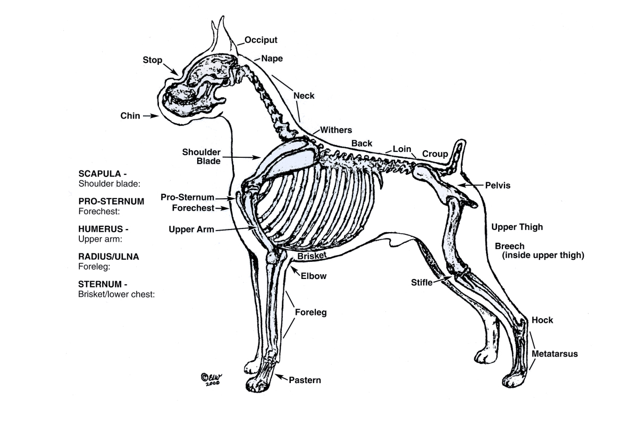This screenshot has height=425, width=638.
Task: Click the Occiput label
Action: pos(261,40)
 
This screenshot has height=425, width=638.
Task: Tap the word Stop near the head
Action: pos(153,60)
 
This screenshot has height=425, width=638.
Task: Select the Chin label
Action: pos(130,116)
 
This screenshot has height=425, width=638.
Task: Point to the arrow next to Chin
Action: pos(150,116)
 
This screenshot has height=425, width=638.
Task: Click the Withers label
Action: pos(336,130)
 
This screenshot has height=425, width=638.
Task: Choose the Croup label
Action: pos(435,154)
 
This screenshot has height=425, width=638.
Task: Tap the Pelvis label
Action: pos(498,185)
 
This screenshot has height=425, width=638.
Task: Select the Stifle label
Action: pos(422,283)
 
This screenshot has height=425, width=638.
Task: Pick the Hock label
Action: pos(542,320)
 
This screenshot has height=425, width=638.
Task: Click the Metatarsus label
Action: pos(555,354)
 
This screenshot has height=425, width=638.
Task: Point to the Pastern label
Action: pos(305,380)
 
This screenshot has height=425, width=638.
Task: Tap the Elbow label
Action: pos(314,276)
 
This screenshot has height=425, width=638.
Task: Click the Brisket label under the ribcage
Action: pos(312,256)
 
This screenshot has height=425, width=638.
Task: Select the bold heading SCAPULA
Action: pos(100,174)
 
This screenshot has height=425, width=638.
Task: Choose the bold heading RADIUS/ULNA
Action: pos(109,257)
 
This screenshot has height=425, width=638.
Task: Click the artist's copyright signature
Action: pos(212,379)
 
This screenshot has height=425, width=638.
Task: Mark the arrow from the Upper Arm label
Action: pos(236,229)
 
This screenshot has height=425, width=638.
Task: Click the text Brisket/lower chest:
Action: pos(116,294)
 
